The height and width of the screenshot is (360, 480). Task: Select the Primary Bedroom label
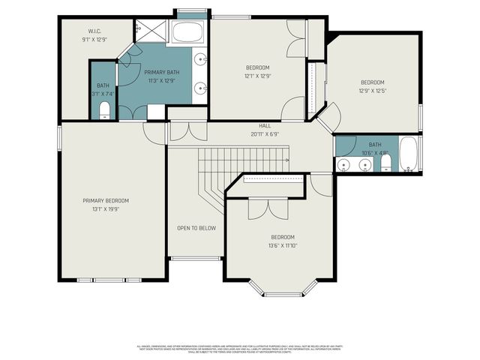click(106, 200)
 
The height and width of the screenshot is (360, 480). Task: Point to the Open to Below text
click(196, 228)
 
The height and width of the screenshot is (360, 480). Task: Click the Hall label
click(265, 126)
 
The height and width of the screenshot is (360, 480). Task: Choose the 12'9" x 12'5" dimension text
click(372, 91)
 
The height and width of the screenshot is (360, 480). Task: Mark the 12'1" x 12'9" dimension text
click(257, 75)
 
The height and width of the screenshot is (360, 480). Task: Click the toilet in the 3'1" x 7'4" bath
click(103, 111)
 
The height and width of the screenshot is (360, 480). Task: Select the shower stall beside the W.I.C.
click(150, 31)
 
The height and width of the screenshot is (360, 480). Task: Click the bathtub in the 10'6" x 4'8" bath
click(409, 154)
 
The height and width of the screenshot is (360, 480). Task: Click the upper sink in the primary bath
click(201, 59)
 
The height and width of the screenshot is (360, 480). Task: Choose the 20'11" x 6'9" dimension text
click(265, 134)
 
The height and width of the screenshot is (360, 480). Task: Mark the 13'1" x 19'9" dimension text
click(106, 209)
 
